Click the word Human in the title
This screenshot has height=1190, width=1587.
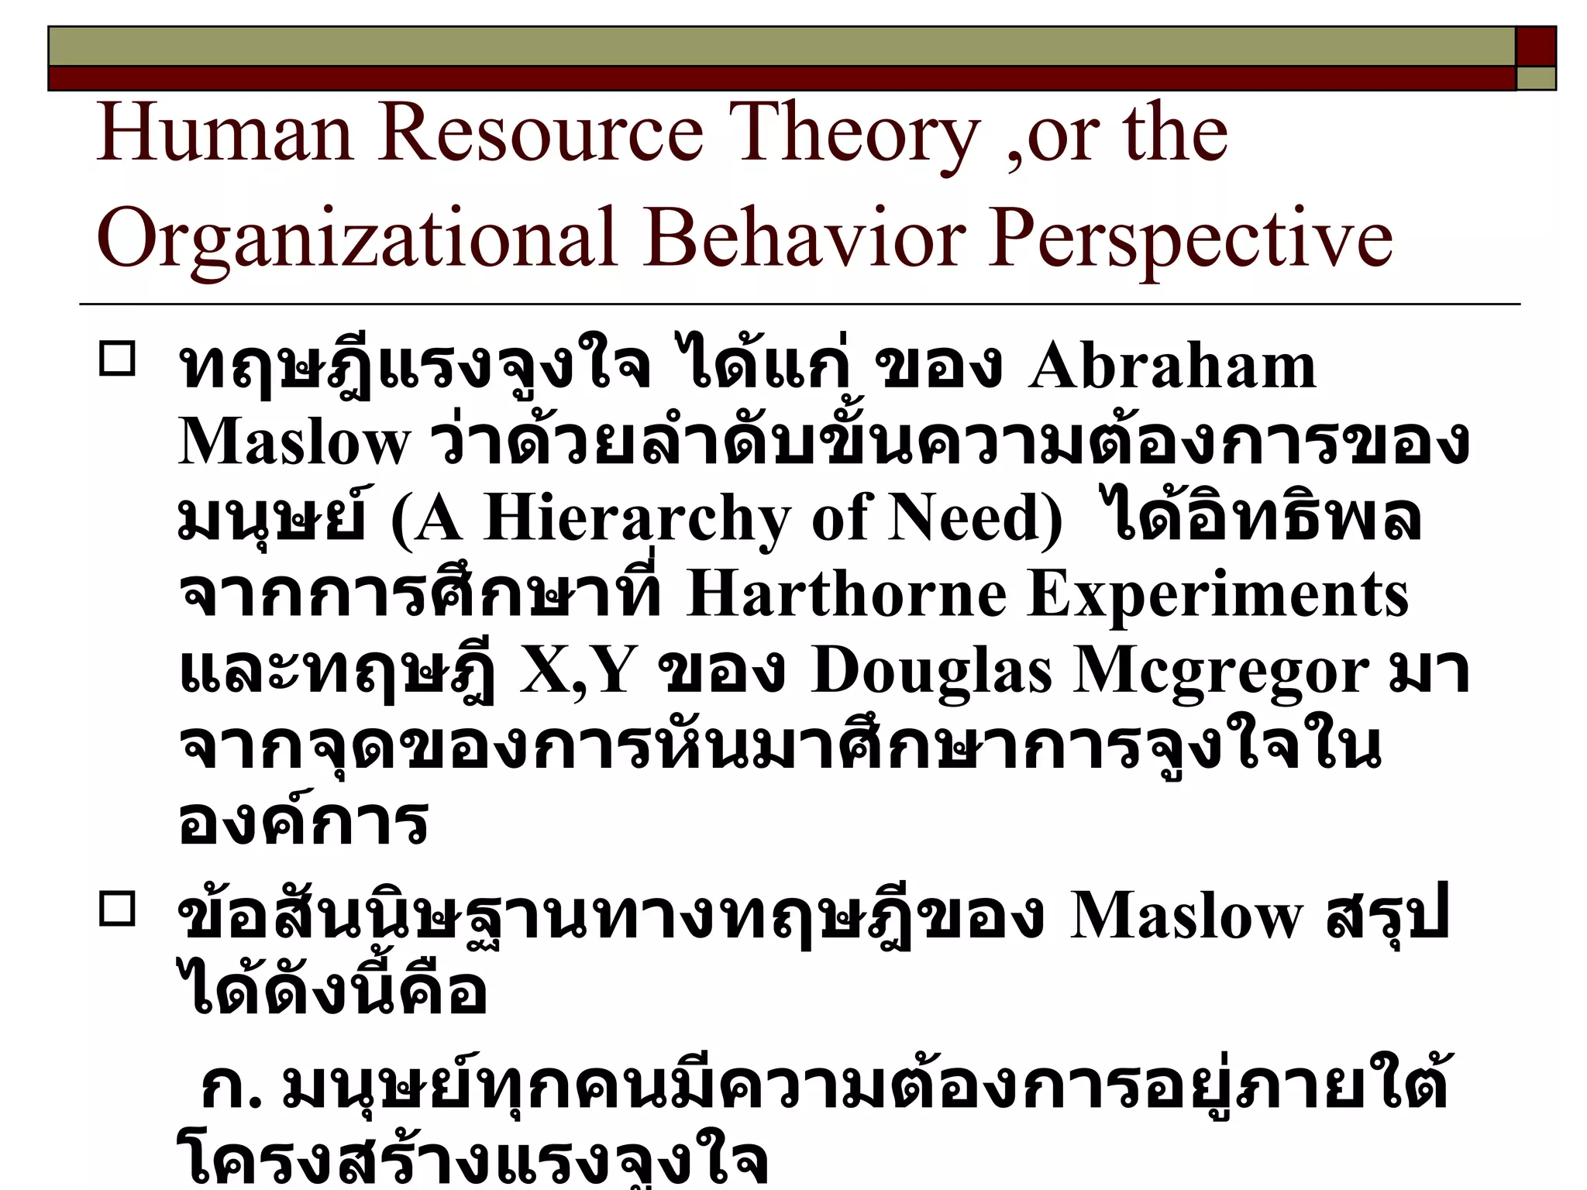point(225,133)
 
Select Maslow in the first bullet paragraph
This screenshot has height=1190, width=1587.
point(294,442)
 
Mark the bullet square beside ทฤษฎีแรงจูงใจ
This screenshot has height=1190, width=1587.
point(117,359)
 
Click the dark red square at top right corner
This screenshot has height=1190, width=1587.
point(1536,46)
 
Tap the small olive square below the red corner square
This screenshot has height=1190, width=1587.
point(1536,78)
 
